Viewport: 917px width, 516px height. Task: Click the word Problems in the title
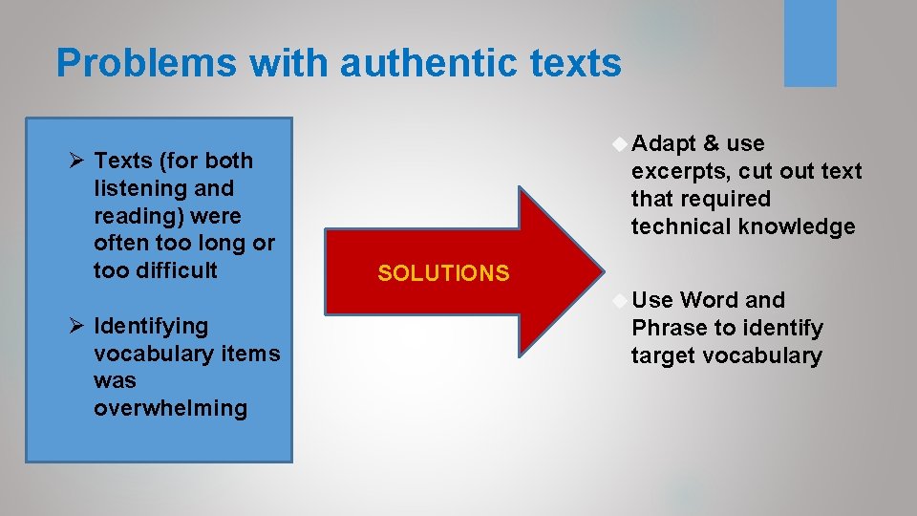[145, 64]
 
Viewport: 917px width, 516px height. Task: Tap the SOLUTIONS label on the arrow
[443, 273]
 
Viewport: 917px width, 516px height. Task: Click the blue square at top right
[810, 42]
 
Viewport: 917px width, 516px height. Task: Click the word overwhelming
[170, 408]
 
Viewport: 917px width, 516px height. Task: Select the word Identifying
[151, 326]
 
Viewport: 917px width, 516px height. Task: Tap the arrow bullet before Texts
[66, 161]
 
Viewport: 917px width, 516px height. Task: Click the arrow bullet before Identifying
[66, 326]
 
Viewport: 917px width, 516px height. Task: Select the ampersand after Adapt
[711, 143]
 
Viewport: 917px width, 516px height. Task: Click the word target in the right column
[663, 355]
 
